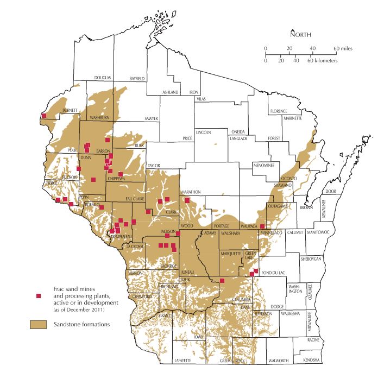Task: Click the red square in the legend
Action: click(38, 296)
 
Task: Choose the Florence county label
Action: click(282, 111)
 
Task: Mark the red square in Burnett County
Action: click(43, 116)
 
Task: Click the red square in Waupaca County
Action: click(262, 226)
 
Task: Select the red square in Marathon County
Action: click(187, 200)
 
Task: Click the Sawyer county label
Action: click(151, 118)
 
